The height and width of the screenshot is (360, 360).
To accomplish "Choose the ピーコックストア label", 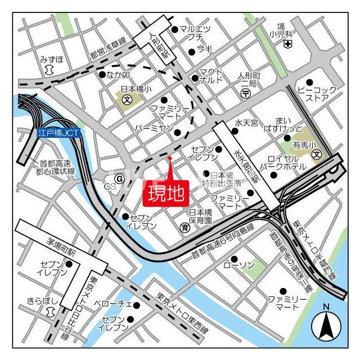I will click(317, 94).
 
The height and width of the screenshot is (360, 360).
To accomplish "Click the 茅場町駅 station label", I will click(57, 245).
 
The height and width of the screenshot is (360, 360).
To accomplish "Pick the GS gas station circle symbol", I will click(119, 178).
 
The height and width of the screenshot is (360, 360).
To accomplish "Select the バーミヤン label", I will click(152, 129).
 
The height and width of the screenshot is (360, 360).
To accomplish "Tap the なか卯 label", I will click(118, 75).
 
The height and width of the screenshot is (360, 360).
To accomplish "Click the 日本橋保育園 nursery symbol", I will click(184, 227).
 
